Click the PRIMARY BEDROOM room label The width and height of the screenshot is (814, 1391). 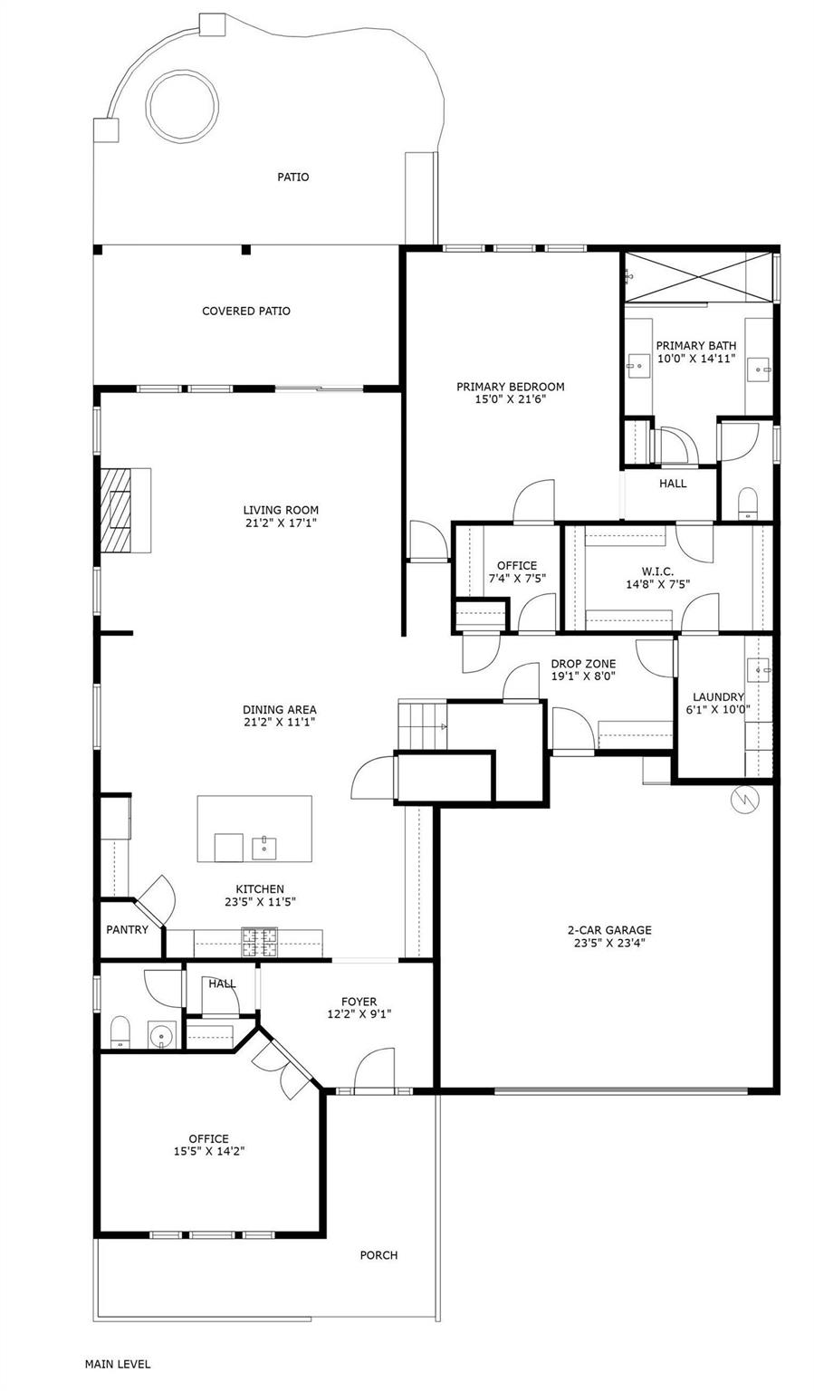510,387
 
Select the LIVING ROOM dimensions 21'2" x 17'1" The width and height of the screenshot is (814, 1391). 281,523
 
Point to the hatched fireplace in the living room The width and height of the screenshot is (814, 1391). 116,509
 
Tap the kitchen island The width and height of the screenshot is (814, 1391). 254,829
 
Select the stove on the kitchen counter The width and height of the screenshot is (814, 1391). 260,944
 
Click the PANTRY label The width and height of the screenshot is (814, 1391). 127,930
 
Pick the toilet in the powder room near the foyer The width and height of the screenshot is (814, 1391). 119,1032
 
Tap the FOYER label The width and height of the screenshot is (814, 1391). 359,1002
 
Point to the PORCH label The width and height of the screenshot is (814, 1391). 378,1255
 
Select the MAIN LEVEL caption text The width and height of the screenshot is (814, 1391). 118,1364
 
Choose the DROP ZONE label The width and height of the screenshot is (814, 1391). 583,664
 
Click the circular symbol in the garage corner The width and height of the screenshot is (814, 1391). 744,800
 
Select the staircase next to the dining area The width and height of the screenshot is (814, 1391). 422,725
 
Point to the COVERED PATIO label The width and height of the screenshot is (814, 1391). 246,312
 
